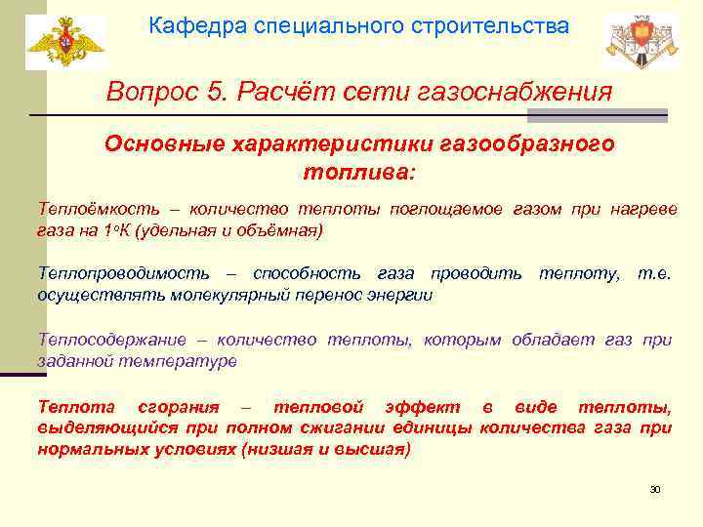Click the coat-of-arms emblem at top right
[639, 44]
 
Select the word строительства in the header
[498, 27]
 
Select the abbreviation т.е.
[653, 274]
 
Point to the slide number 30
[655, 489]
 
